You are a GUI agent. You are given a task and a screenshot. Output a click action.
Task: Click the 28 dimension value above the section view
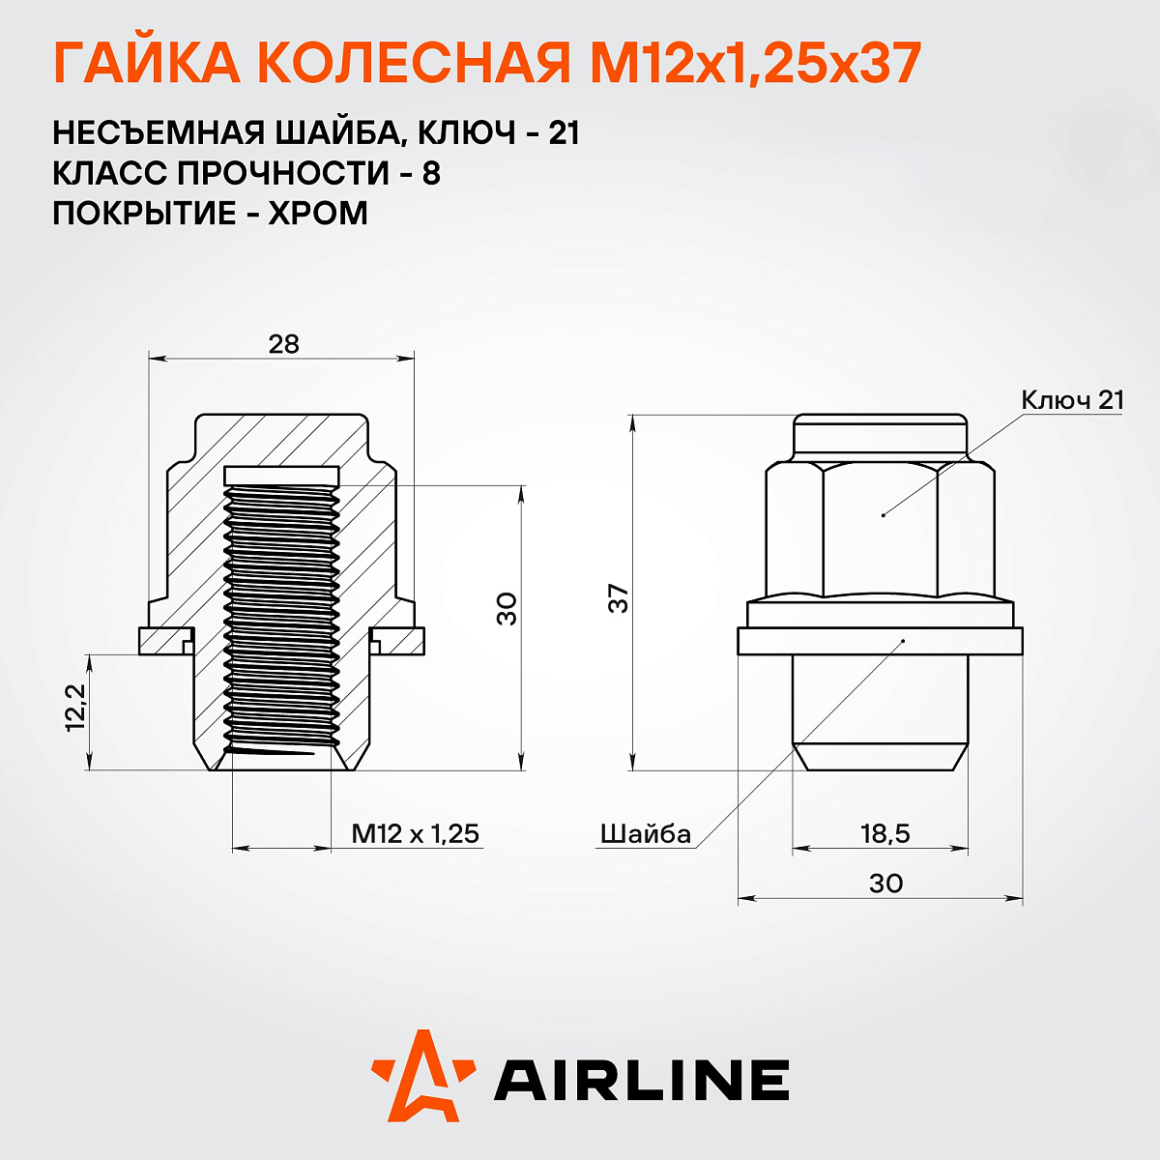(284, 343)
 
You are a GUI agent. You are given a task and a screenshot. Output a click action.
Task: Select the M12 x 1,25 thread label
(415, 833)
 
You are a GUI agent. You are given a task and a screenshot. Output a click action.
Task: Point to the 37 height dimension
(619, 598)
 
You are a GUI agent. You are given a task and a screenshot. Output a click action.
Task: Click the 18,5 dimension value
(884, 833)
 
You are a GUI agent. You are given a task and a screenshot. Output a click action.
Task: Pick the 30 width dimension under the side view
(885, 884)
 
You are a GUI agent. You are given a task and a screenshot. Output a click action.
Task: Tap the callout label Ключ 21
(1072, 400)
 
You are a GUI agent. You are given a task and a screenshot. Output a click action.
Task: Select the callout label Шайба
(646, 834)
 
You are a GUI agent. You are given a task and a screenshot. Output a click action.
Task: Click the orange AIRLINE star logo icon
(422, 1076)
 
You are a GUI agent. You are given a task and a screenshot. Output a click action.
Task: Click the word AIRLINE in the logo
(641, 1080)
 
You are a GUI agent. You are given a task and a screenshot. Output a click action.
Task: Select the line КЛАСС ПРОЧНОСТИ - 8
(246, 173)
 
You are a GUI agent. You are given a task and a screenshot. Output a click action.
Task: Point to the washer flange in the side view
(880, 641)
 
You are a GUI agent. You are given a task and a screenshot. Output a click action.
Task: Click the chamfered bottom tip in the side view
(880, 757)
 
